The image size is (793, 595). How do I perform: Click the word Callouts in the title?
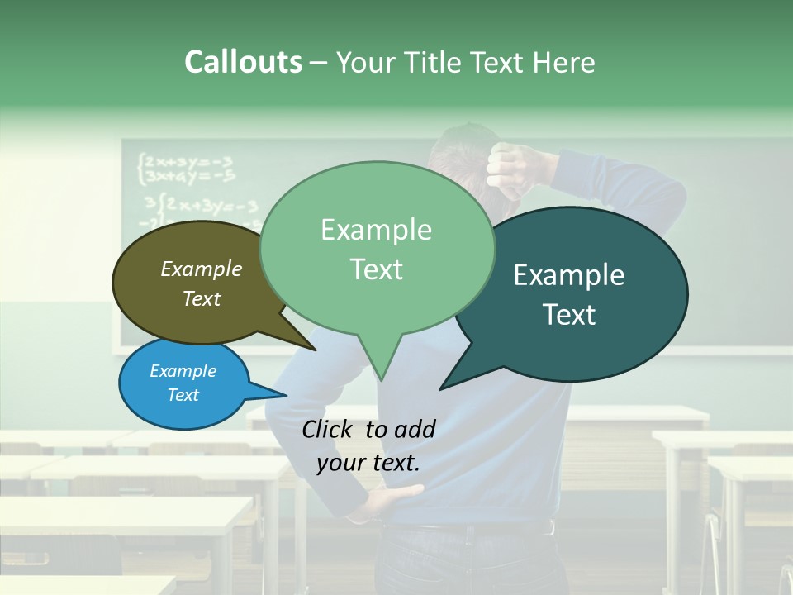click(x=243, y=62)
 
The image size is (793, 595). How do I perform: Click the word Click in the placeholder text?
click(x=329, y=429)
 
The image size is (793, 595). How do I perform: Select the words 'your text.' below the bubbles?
click(x=368, y=463)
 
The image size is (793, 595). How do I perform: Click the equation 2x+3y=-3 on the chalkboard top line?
click(x=187, y=160)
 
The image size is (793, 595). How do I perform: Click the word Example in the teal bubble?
click(x=568, y=275)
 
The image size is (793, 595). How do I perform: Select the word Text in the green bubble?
click(x=377, y=269)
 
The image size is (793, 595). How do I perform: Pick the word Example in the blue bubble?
click(x=183, y=371)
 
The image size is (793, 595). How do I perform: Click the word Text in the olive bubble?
click(x=202, y=299)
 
